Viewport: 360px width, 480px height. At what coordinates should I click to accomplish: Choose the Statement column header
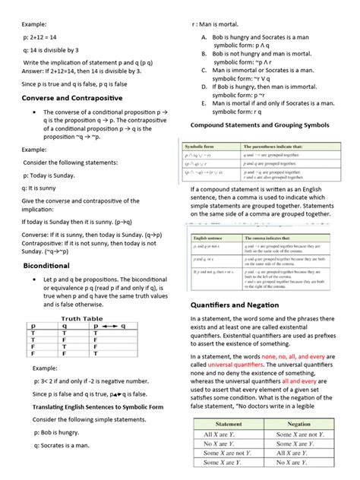point(219,423)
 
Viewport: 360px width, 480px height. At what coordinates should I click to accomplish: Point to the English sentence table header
point(207,238)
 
